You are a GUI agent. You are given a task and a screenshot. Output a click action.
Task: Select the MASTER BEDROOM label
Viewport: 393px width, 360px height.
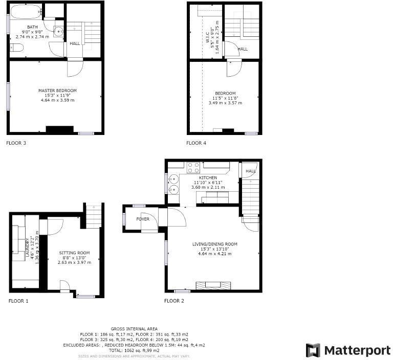57,91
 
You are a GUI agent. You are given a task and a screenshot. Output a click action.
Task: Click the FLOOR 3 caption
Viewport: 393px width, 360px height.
16,143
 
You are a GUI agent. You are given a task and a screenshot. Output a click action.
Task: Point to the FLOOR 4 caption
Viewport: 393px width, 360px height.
196,143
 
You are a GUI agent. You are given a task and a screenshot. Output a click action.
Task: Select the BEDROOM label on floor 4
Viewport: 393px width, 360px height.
225,93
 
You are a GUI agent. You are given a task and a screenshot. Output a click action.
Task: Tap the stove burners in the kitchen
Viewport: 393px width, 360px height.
193,167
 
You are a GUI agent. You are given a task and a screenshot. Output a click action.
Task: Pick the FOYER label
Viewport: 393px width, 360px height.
143,219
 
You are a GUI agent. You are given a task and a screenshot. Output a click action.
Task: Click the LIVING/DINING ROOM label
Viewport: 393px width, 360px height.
215,244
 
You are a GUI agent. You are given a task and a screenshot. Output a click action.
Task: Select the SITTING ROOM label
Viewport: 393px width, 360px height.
74,253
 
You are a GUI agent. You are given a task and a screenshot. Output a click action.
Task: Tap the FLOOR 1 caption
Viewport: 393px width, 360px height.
18,301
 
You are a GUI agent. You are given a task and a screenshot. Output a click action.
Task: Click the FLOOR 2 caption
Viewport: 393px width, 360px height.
174,301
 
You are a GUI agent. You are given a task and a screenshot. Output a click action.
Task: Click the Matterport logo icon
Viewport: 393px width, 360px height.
313,350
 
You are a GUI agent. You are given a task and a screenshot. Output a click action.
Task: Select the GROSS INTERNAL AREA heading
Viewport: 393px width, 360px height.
134,328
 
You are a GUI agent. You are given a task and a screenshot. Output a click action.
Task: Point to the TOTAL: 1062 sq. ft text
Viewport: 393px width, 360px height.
134,351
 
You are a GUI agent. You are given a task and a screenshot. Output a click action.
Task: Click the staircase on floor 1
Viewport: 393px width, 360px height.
93,216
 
